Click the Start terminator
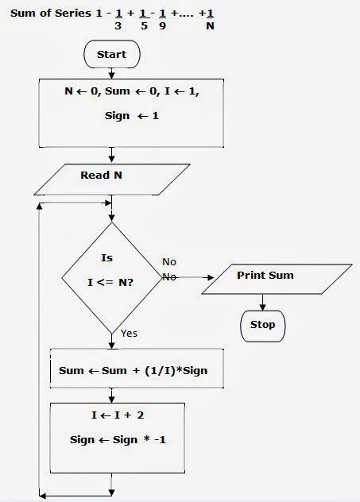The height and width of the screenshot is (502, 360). click(111, 55)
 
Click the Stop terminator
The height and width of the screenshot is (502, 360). click(262, 324)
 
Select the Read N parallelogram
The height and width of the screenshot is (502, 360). click(111, 179)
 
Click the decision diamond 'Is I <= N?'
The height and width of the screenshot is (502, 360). click(111, 277)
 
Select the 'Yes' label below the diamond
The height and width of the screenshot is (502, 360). click(129, 334)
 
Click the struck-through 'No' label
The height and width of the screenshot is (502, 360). click(169, 276)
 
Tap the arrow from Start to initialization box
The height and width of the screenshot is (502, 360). click(111, 72)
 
